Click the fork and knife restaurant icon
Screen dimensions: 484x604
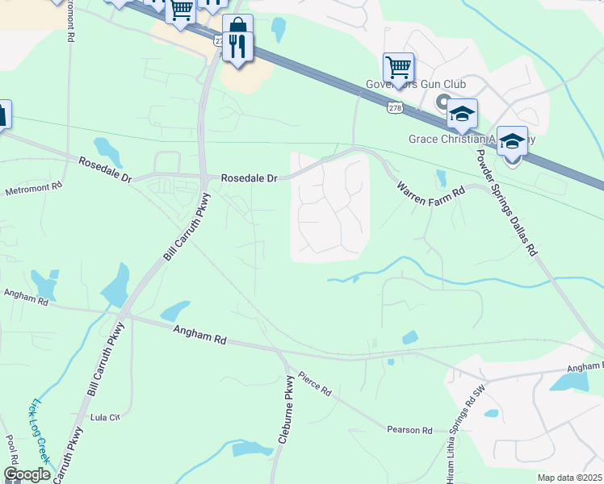coord(237,46)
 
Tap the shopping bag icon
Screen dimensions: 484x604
coord(237,26)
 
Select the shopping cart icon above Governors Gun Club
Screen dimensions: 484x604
coord(398,67)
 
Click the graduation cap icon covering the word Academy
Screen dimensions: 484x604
coord(512,142)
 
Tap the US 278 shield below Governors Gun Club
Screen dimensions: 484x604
coord(394,106)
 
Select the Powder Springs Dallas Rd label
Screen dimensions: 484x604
coord(507,202)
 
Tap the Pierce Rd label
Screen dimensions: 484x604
coord(314,383)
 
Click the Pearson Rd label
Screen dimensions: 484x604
coord(409,430)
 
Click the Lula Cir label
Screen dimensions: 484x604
coord(105,417)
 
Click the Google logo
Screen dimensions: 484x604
coord(27,474)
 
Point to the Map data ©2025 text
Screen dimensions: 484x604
coord(569,478)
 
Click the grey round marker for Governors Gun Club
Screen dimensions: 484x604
coord(442,102)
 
